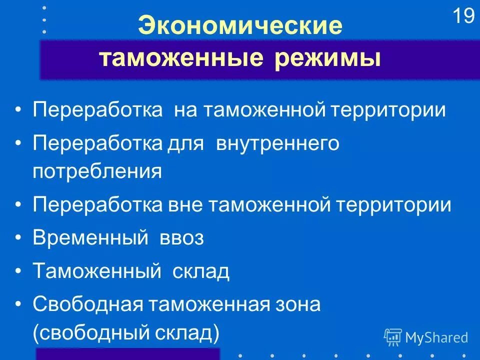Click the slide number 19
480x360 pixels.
(x=463, y=17)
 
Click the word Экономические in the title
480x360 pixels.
(x=240, y=26)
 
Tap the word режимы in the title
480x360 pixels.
(x=327, y=59)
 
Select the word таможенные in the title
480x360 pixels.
(x=181, y=59)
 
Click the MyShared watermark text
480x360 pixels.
(x=436, y=337)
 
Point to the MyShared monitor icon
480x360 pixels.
(x=393, y=337)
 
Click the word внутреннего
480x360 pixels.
(x=277, y=144)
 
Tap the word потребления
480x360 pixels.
(x=97, y=171)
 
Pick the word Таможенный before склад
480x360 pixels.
(x=97, y=272)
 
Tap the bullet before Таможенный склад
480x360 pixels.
(x=18, y=272)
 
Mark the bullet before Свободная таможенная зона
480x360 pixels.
(x=18, y=304)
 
